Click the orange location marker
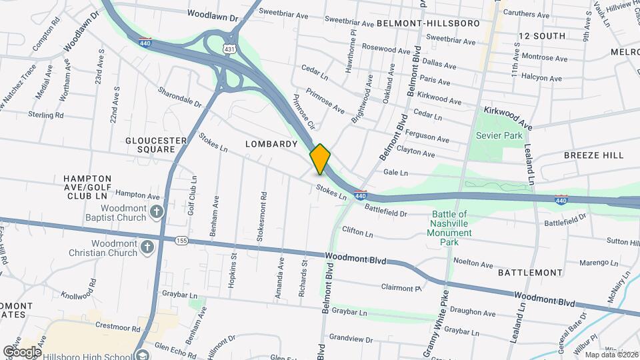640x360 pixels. (320, 159)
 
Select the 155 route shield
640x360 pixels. (181, 239)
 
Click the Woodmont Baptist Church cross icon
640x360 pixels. (157, 212)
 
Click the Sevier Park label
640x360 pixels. (499, 135)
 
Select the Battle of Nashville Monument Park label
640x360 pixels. (449, 228)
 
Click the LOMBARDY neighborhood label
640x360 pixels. (271, 144)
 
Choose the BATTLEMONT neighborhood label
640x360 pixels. (530, 273)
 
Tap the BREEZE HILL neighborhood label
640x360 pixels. (593, 155)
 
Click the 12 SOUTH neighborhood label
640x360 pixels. (541, 35)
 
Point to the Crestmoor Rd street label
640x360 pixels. (116, 327)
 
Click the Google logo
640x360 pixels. (22, 351)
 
